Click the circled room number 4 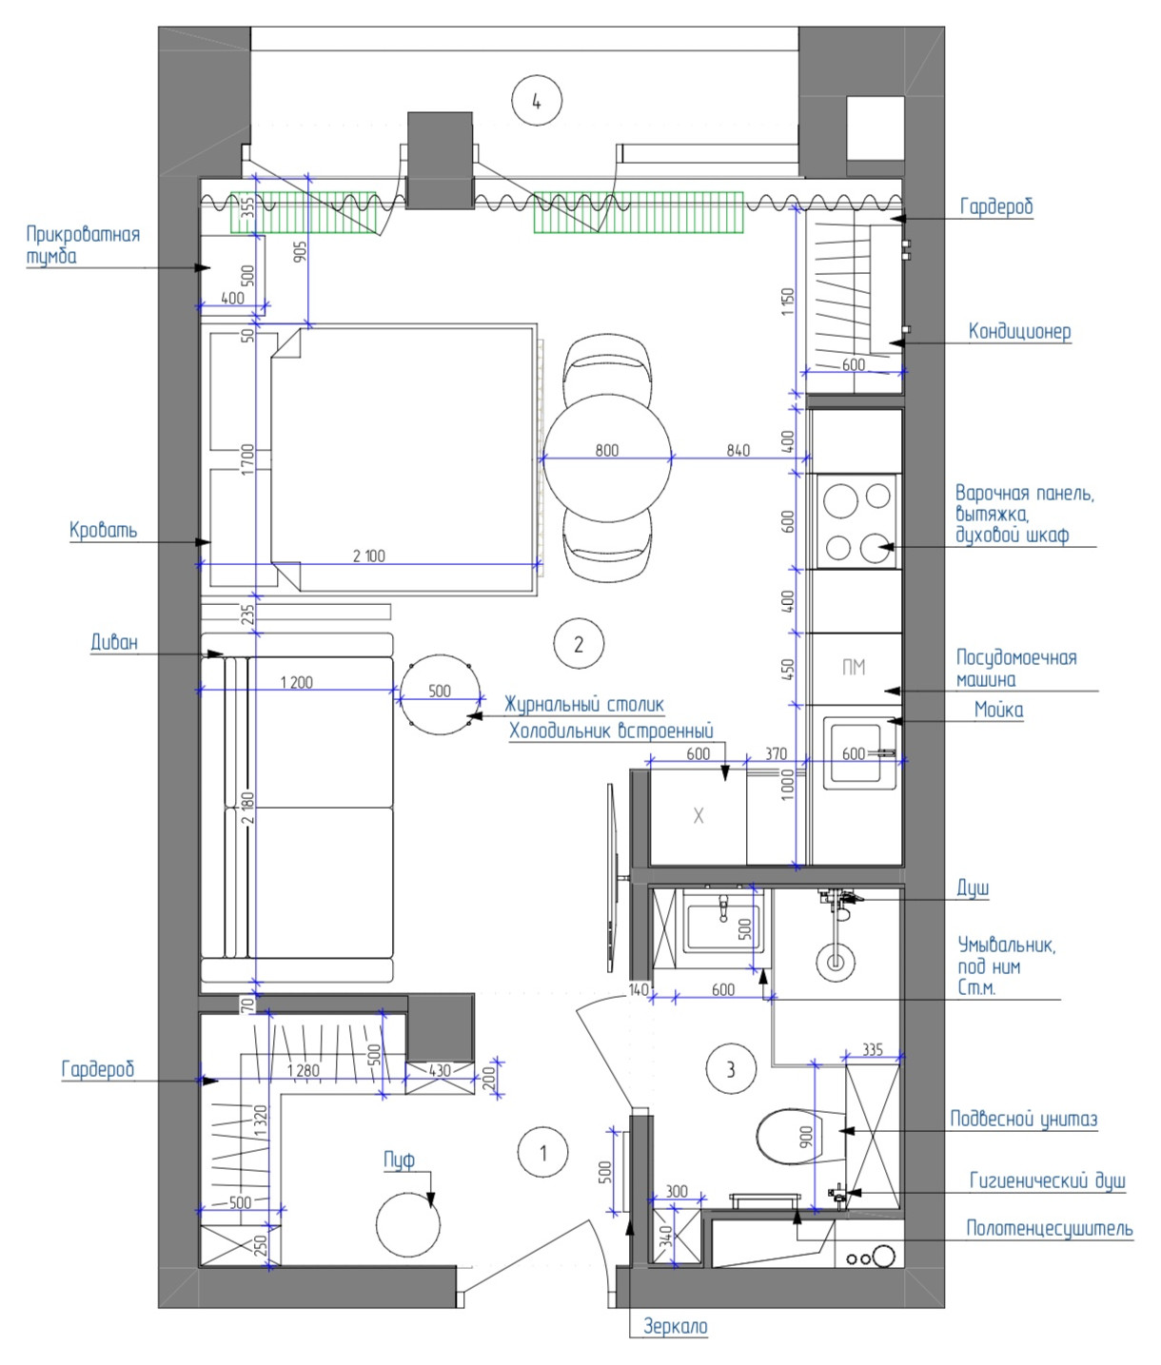tap(537, 102)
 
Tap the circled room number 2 tap(579, 644)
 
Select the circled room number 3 tap(731, 1068)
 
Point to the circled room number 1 tap(543, 1153)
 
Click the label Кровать tap(104, 530)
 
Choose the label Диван tap(114, 642)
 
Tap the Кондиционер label tap(1019, 332)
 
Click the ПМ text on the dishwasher tap(854, 667)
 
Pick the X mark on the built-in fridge tap(699, 816)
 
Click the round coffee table tap(441, 694)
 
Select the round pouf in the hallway tap(407, 1225)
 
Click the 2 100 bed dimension tap(368, 556)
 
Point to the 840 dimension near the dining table tap(738, 450)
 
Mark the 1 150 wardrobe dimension tap(788, 302)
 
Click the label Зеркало tap(676, 1327)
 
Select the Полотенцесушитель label tap(1050, 1228)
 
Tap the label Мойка tap(998, 711)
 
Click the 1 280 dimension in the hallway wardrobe tap(304, 1070)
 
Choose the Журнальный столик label tap(584, 705)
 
